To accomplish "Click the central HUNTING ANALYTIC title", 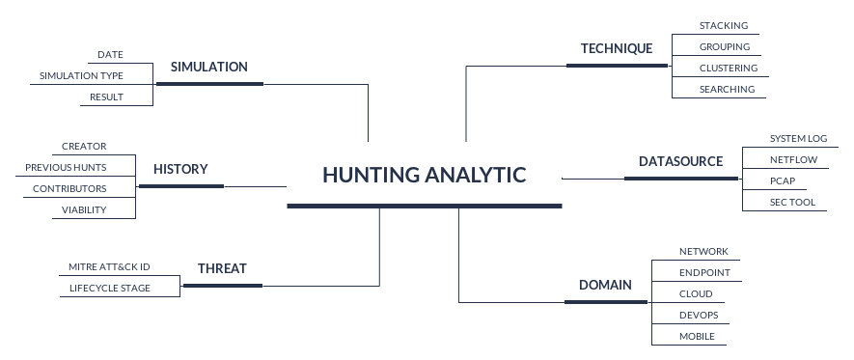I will click(425, 175).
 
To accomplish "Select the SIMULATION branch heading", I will click(209, 68).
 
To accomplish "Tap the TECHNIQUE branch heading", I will click(617, 48).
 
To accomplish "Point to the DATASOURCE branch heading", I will click(680, 161).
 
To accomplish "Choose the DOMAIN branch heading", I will click(605, 285).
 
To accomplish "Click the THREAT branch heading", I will click(222, 269).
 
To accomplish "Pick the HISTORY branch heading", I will click(180, 169).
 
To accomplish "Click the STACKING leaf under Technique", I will click(724, 25).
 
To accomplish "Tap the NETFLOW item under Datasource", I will click(793, 159).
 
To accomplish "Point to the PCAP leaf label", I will click(782, 180).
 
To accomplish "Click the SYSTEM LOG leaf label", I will click(798, 138).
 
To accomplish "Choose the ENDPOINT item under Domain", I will click(704, 273).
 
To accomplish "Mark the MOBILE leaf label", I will click(697, 336).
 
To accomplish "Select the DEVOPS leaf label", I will click(699, 315).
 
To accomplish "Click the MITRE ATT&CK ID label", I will click(109, 266).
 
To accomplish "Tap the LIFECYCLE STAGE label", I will click(110, 288).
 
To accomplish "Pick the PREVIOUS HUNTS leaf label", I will click(66, 168).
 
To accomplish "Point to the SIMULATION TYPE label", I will click(81, 75).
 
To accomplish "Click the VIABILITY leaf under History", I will click(84, 209).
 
